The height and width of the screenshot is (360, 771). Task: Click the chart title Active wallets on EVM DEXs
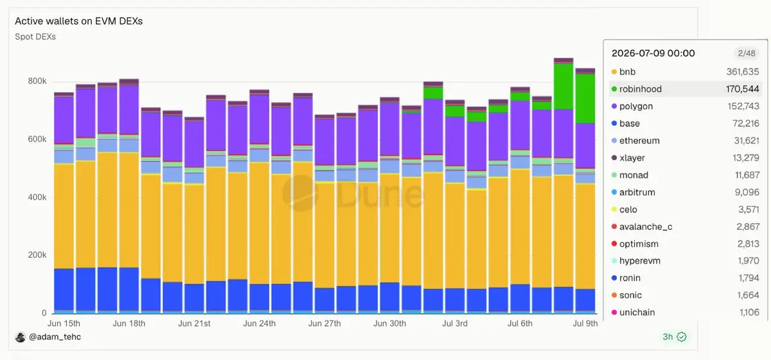pos(78,21)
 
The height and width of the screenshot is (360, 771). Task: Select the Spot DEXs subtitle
pos(35,37)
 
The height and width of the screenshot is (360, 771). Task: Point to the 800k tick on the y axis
pos(37,81)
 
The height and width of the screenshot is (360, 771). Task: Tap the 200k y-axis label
pos(37,255)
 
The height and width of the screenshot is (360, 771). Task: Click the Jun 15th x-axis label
pos(64,323)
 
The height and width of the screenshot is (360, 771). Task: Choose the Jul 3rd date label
pos(455,323)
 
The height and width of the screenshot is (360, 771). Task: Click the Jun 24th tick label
pos(259,323)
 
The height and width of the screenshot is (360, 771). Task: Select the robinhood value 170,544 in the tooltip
pos(743,89)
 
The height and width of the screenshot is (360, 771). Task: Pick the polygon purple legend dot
pos(614,106)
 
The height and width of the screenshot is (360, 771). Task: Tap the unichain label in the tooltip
pos(637,312)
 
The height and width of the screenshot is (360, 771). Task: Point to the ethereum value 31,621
pos(746,141)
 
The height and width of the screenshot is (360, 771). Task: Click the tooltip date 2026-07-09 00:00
pos(653,53)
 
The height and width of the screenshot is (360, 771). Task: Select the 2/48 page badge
pos(747,53)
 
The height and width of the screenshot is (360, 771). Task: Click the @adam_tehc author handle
pos(55,337)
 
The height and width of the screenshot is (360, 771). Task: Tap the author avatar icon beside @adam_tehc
pos(21,337)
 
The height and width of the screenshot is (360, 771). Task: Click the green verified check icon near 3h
pos(682,337)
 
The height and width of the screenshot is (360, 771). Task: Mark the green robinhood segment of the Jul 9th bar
pos(585,98)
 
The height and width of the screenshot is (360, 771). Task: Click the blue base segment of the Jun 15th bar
pos(64,290)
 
